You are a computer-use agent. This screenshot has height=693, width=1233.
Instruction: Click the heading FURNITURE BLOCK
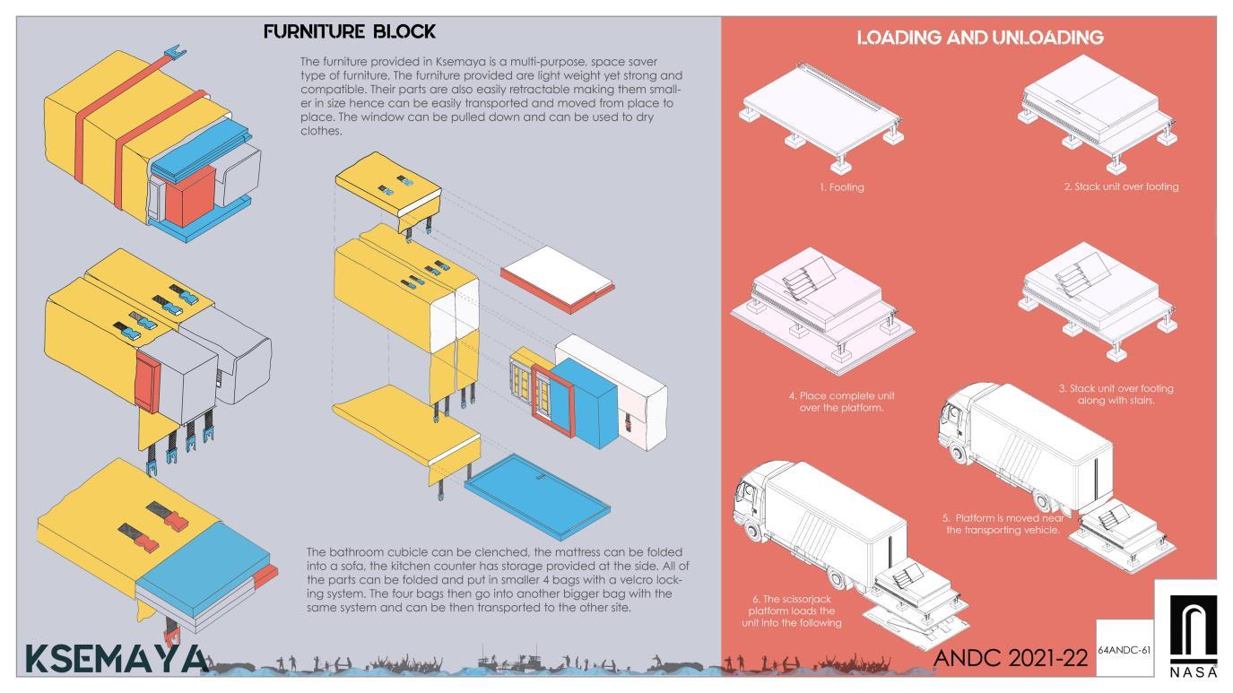[350, 31]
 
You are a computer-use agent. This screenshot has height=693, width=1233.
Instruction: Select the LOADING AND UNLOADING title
[979, 38]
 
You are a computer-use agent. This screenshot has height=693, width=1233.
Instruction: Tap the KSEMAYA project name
[116, 656]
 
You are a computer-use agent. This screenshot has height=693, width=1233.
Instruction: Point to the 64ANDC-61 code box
[1124, 648]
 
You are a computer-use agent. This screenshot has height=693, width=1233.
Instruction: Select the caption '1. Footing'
[841, 188]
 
